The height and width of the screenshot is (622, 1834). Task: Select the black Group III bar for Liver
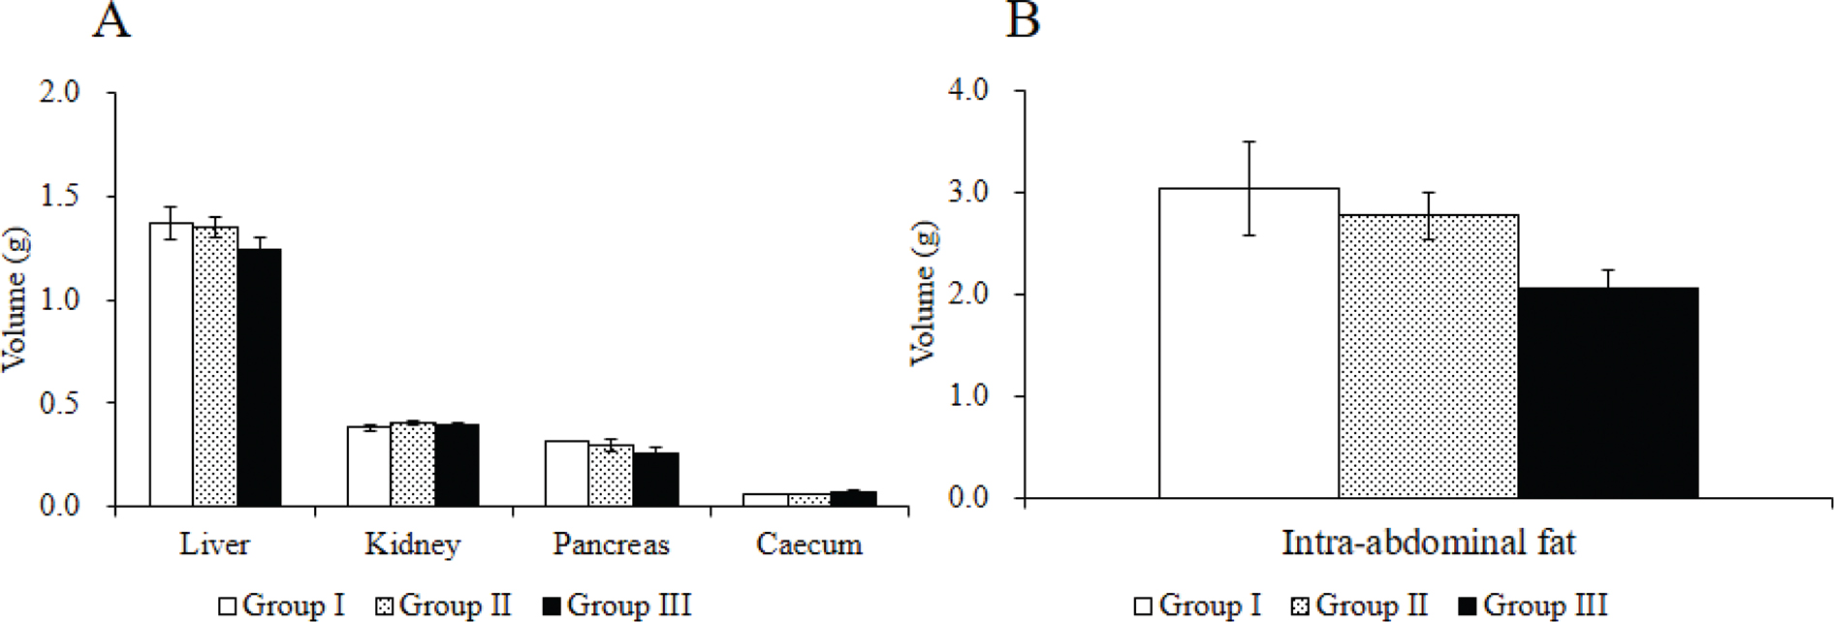point(260,378)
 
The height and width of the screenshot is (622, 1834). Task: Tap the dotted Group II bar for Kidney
point(413,464)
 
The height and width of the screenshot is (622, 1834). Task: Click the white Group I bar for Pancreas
point(567,474)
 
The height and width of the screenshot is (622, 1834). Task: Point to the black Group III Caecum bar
point(854,499)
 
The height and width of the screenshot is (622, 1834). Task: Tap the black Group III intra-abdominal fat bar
point(1608,393)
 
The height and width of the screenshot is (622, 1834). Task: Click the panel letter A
point(111,19)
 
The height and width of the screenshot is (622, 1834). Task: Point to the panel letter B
point(1024,19)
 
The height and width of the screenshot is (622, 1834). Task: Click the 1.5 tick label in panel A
point(60,196)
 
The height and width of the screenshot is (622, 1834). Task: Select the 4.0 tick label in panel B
point(967,90)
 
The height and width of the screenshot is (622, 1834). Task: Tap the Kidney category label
point(413,544)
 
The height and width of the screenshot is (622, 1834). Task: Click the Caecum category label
point(809,544)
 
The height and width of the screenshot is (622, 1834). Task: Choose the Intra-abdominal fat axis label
point(1428,543)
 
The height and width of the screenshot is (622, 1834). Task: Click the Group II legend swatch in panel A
point(385,606)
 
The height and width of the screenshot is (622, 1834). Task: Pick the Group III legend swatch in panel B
point(1469,606)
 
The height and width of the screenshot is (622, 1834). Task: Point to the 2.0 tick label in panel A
point(60,93)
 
